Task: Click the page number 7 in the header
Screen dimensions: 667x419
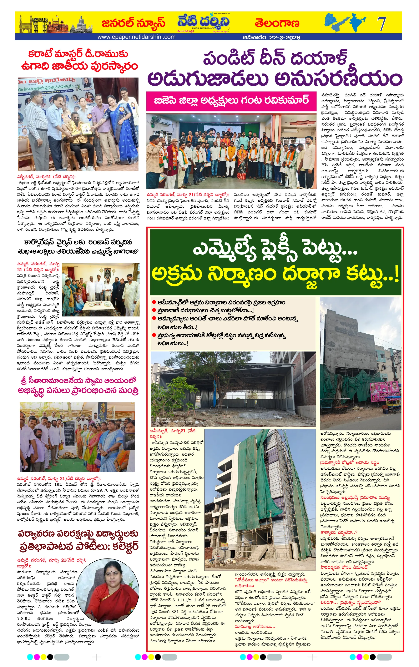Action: (x=382, y=24)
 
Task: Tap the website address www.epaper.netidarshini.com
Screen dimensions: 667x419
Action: (x=136, y=37)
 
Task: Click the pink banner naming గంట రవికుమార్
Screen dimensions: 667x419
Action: (x=231, y=100)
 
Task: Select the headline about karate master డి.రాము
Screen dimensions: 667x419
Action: (x=79, y=60)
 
